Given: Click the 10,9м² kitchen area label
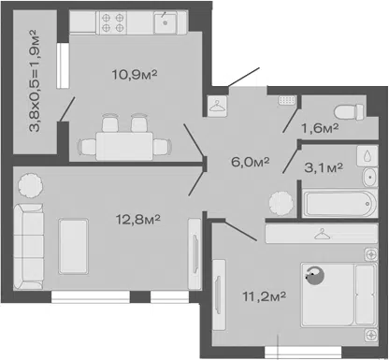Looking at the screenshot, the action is point(135,74).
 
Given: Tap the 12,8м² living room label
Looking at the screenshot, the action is point(138,219).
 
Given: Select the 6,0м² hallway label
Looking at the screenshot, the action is point(250,162).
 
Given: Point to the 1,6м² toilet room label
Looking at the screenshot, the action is point(320,128).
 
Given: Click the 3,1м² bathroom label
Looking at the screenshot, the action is point(324,167).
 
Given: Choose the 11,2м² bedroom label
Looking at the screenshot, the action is point(265,296).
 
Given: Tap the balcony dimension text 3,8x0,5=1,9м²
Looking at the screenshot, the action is point(35,80).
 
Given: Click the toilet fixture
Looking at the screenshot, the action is point(349,112).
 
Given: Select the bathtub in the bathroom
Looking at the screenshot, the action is point(340,204).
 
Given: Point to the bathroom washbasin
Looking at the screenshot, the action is point(370,177).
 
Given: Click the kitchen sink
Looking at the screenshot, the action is point(166,22).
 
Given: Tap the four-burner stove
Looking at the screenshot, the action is point(113,22).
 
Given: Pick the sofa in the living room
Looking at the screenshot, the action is point(29,246).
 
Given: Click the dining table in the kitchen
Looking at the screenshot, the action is point(124,146).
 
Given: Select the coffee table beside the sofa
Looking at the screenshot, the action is point(73,246).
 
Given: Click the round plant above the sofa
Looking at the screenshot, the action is point(30,185).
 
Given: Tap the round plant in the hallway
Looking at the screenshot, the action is point(281,203).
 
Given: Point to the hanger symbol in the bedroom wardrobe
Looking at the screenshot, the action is point(322,234).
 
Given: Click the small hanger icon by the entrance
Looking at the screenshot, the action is point(217,106).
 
